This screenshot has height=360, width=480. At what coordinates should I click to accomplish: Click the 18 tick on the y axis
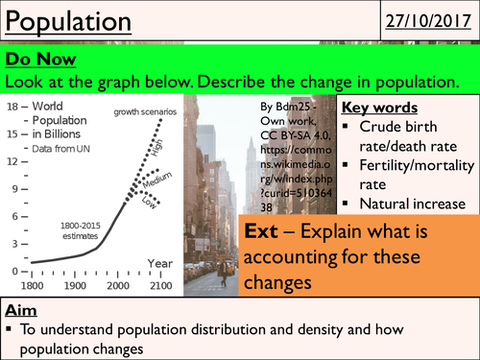pyautogui.click(x=12, y=105)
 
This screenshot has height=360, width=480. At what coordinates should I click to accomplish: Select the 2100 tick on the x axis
pyautogui.click(x=159, y=286)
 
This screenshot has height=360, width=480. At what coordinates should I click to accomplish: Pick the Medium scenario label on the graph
pyautogui.click(x=163, y=179)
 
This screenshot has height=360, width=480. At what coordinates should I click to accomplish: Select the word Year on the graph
pyautogui.click(x=159, y=263)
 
